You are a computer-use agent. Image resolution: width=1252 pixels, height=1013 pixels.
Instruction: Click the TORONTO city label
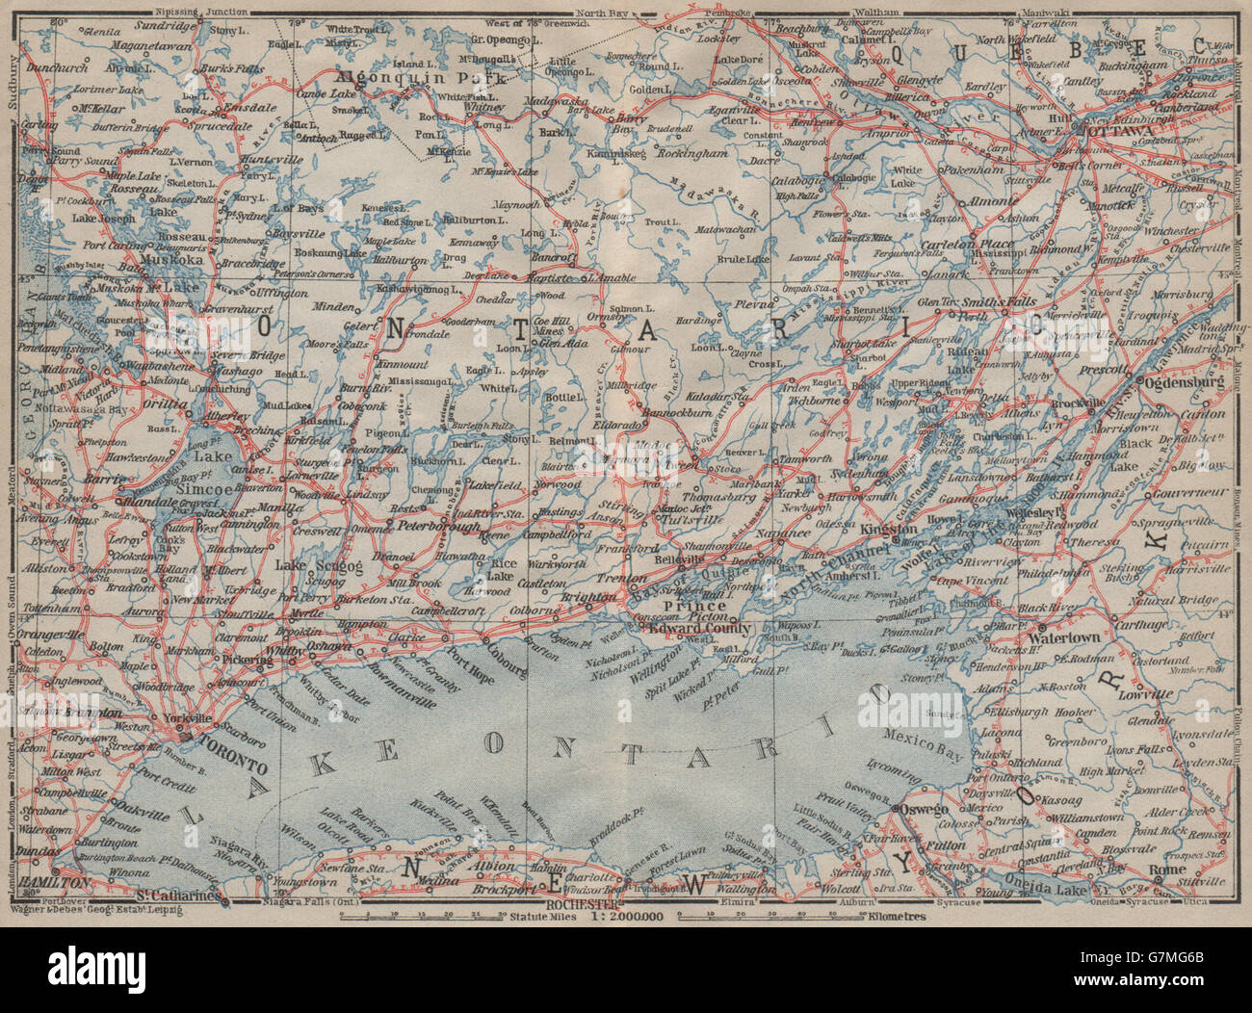point(232,765)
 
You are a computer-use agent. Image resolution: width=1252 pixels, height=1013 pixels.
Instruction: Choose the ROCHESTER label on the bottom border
point(578,905)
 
